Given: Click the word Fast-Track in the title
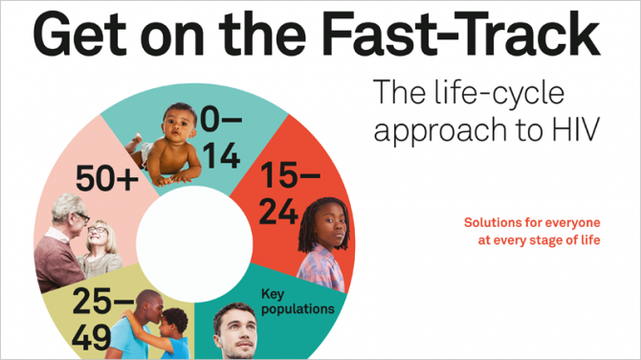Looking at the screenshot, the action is pos(461,34).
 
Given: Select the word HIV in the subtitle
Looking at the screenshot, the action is pos(576,129).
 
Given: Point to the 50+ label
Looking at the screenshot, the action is pos(107,178).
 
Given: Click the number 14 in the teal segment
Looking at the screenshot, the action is pos(221,156).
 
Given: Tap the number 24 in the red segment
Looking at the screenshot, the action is pos(278,212).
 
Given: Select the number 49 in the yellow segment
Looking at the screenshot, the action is pos(92,338).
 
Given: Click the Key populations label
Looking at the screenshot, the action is pos(298,302).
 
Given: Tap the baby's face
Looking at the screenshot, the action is pos(179,126).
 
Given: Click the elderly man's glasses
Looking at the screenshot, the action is pos(83,216).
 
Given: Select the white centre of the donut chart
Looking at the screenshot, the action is pos(194,244).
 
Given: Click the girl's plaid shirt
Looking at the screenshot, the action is pos(322,267).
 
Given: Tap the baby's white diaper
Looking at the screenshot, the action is pos(146,155).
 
